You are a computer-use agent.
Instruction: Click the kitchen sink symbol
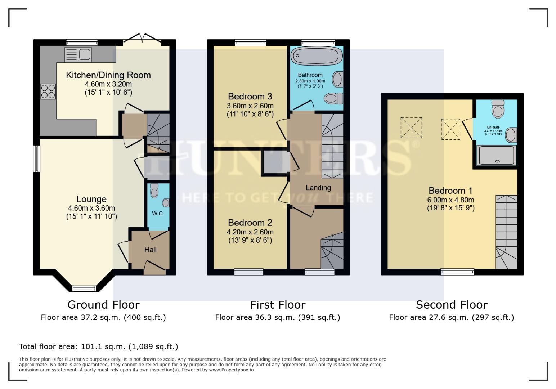click(78, 55)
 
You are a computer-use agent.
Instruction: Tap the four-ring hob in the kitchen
click(48, 91)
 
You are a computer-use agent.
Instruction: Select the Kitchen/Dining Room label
click(108, 75)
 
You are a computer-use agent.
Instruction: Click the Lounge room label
click(91, 199)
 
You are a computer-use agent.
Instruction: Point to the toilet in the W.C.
click(154, 191)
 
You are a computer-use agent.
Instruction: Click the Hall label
click(151, 250)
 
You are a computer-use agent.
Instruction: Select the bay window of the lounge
click(84, 288)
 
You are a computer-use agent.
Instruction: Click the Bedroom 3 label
click(250, 97)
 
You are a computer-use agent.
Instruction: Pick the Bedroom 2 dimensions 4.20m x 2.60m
click(250, 232)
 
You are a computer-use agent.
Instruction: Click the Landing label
click(318, 188)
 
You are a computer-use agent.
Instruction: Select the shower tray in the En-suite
click(496, 155)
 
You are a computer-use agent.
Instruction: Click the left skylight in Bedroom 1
click(411, 128)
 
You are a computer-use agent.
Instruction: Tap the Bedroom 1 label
click(450, 191)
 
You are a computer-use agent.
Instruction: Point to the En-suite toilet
click(498, 108)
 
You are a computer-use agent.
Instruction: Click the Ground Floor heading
click(103, 305)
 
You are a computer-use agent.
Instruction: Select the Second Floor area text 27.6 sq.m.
click(451, 317)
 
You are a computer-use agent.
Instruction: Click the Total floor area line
click(98, 346)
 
